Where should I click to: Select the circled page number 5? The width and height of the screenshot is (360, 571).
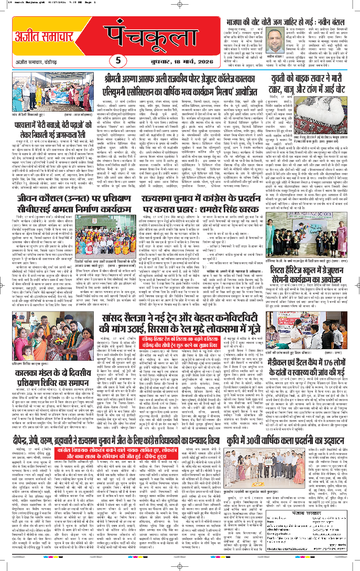pos(119,60)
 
